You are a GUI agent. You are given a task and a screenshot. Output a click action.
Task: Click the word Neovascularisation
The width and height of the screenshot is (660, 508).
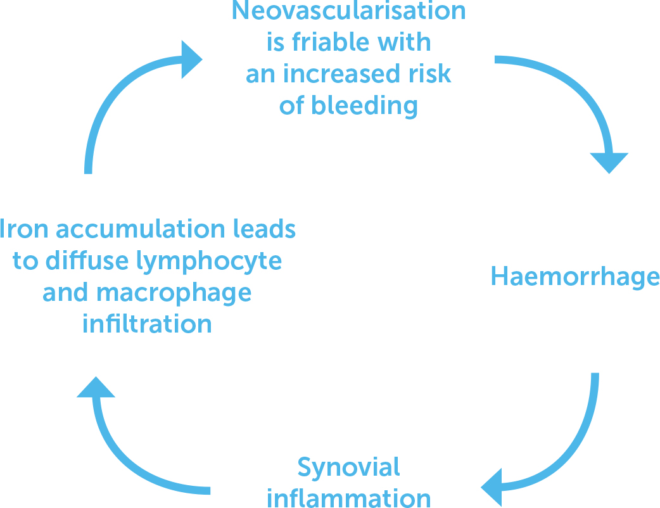point(348,11)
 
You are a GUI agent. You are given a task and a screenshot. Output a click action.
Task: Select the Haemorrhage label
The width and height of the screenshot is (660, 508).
point(575,277)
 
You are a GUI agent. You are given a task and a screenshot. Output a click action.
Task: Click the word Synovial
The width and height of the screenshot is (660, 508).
point(348,467)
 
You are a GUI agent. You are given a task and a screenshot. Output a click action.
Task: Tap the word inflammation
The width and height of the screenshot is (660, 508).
point(348,497)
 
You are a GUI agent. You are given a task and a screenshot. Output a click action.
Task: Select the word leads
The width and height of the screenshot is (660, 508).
point(263,229)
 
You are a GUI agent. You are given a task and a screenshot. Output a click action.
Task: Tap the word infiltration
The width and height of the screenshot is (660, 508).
point(147,324)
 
